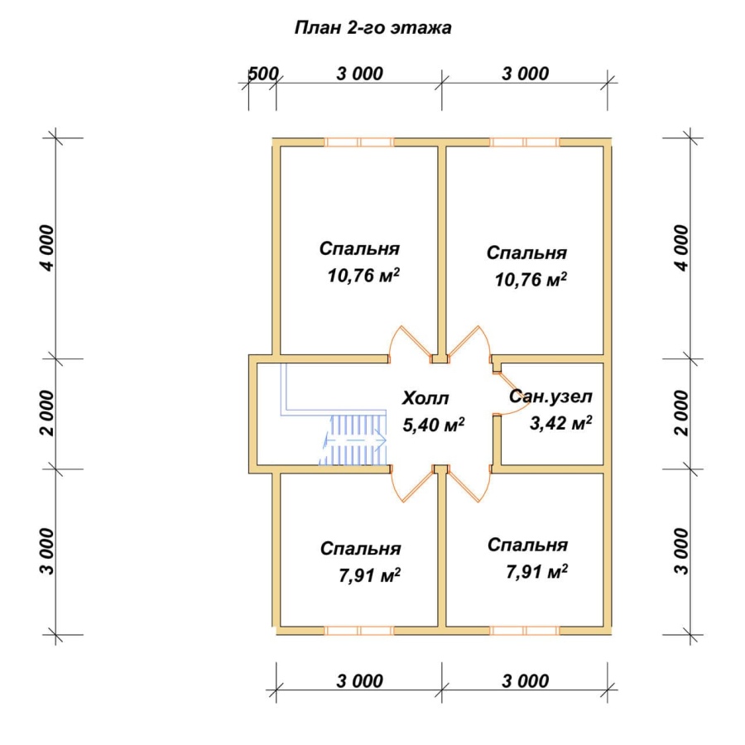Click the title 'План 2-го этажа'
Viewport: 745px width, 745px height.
(373, 28)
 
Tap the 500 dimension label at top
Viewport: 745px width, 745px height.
(263, 74)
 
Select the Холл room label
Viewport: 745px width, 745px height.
(425, 398)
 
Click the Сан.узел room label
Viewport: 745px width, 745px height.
(550, 397)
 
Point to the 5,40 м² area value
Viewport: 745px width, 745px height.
(433, 425)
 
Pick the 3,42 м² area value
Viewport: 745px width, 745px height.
(560, 422)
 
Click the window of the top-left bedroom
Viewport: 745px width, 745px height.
(359, 142)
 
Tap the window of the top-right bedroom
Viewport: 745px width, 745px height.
(525, 142)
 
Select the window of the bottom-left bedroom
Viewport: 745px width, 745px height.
(359, 631)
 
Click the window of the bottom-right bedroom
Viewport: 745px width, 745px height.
(525, 631)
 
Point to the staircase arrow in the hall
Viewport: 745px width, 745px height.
(354, 440)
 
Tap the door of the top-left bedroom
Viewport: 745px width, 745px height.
(410, 343)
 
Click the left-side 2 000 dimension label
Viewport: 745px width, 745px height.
(47, 413)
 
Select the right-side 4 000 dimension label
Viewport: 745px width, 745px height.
(681, 248)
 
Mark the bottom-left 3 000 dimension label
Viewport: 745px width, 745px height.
(360, 681)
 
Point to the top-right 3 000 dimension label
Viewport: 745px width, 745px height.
(526, 74)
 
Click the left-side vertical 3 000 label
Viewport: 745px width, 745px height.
(47, 551)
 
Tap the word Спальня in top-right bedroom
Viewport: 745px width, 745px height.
(526, 252)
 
